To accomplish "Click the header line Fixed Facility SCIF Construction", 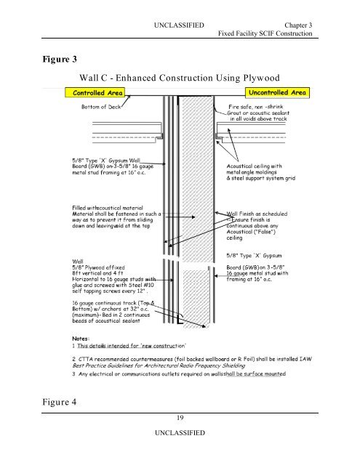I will [x=265, y=36].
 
